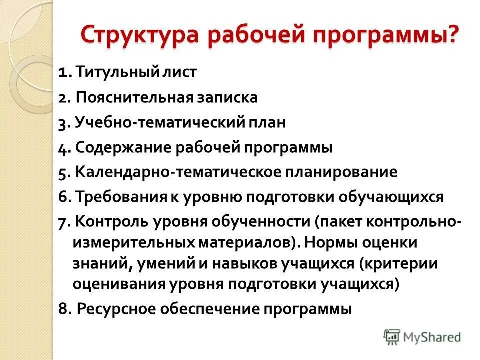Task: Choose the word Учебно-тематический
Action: (x=159, y=123)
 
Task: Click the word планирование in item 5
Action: (x=341, y=173)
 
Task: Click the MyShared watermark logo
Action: (x=422, y=337)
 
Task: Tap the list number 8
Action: (x=63, y=309)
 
